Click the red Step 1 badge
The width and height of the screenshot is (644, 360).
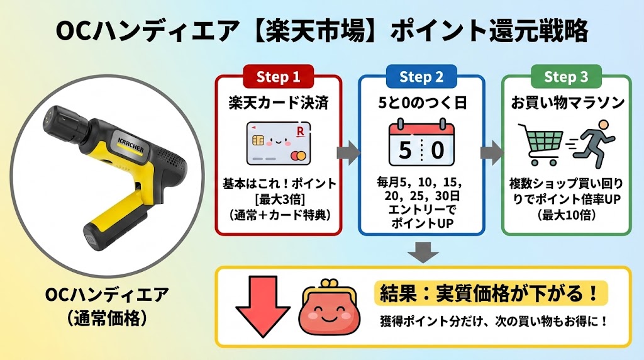pyautogui.click(x=278, y=77)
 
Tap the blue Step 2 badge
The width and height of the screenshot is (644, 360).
pyautogui.click(x=421, y=77)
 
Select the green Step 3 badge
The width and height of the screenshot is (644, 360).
pyautogui.click(x=566, y=77)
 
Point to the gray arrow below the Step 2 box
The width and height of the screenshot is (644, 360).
pyautogui.click(x=421, y=252)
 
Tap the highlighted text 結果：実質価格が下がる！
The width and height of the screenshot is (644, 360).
pyautogui.click(x=491, y=293)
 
